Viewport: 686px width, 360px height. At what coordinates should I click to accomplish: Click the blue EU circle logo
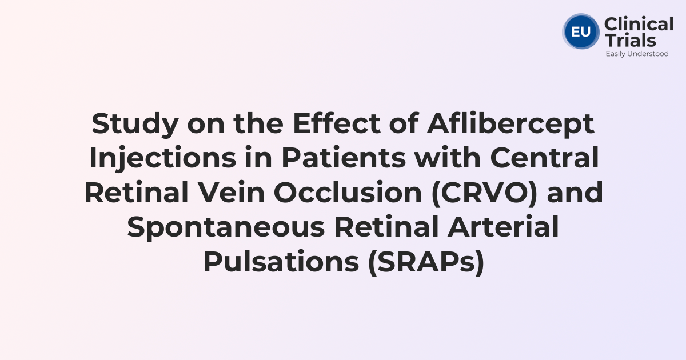[x=581, y=32]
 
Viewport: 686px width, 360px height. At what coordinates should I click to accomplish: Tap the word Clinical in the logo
[x=639, y=25]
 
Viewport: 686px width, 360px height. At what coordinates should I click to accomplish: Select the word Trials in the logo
[x=630, y=40]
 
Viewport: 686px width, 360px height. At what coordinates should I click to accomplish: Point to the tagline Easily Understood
[x=637, y=54]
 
